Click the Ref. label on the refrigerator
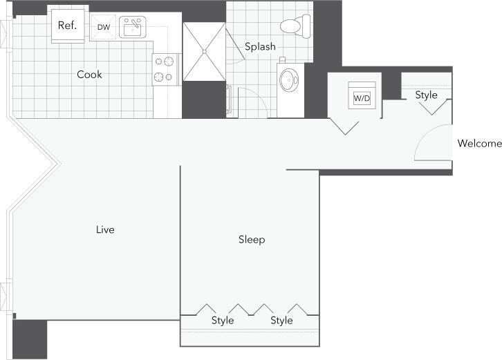(x=67, y=26)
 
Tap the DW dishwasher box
(x=103, y=28)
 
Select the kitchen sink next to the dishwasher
(x=132, y=28)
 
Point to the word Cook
(x=89, y=74)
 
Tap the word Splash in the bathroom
(x=260, y=47)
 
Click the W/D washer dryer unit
(x=362, y=98)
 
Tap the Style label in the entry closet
(x=426, y=95)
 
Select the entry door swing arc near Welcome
(x=427, y=142)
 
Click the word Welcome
(x=479, y=144)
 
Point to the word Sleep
(x=252, y=240)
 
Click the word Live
(x=105, y=229)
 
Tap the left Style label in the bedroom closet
(x=223, y=321)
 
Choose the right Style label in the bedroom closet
(x=281, y=321)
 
